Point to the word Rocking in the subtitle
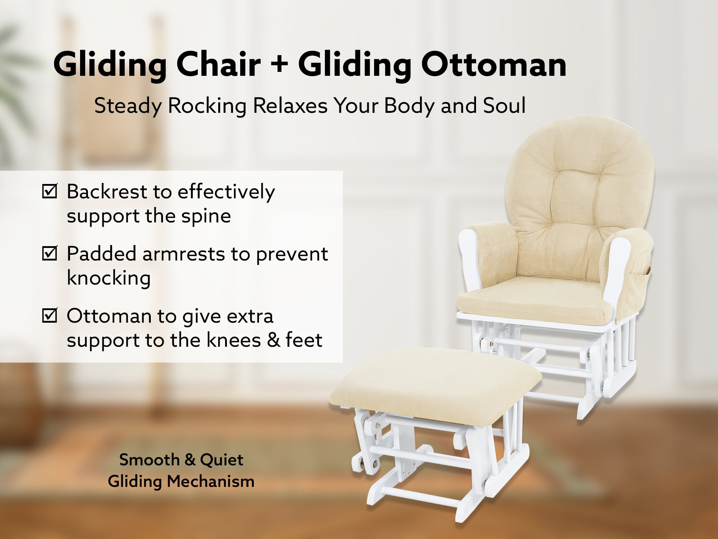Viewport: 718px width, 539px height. tap(207, 106)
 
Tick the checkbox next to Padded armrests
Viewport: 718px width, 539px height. tap(50, 253)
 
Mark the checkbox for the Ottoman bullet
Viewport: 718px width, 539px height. tap(50, 315)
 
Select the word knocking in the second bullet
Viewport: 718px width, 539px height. tap(109, 278)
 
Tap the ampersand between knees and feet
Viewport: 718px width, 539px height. tap(274, 340)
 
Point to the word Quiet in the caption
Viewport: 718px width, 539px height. tap(222, 460)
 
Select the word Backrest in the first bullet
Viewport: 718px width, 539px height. tap(107, 191)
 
